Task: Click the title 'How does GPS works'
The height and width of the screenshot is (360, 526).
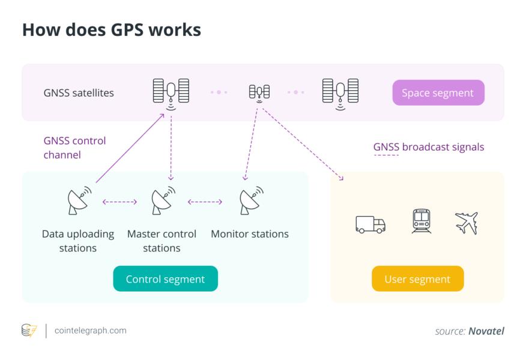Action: pos(111,30)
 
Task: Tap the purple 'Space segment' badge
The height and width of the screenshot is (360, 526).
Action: pos(438,93)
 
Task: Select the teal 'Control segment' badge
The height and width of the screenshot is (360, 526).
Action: pos(165,279)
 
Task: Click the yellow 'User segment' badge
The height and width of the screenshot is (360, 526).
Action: pos(417,279)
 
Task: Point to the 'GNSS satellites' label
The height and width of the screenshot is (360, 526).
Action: pos(79,93)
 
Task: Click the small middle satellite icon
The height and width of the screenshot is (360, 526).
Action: pos(259,92)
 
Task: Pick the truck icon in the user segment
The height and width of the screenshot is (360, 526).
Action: pos(370,224)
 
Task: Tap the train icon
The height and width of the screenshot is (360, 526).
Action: pos(421,221)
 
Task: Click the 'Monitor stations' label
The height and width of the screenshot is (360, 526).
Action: pos(250,234)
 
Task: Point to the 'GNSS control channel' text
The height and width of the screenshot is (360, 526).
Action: pos(74,148)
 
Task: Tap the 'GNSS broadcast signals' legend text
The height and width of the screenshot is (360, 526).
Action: pos(428,147)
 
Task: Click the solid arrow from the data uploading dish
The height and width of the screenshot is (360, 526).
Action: pos(129,148)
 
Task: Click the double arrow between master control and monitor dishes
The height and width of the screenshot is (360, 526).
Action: pos(205,202)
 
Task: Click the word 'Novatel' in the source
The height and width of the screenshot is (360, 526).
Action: pos(486,331)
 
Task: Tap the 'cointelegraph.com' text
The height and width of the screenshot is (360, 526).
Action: pos(90,331)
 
